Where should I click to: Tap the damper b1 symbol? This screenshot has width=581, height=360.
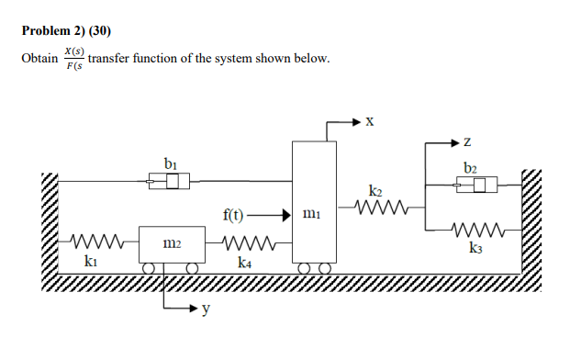[169, 183]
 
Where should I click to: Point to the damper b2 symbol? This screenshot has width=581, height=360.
[476, 186]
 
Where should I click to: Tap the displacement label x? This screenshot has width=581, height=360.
[369, 120]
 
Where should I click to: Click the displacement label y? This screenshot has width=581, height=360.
[207, 310]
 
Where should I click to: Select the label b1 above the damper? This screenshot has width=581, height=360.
[170, 163]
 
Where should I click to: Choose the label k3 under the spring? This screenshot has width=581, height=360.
[475, 249]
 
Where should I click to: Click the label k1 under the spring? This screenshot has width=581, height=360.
[92, 262]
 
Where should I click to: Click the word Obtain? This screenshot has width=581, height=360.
[39, 59]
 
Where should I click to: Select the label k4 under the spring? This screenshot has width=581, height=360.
[245, 262]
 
